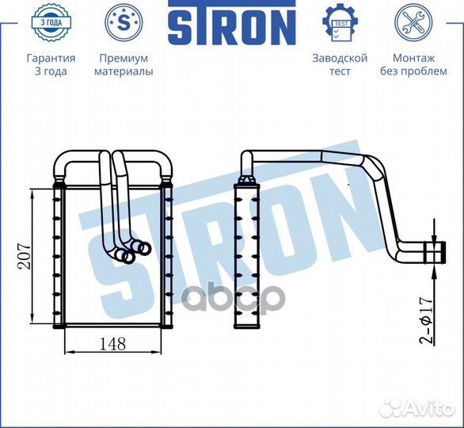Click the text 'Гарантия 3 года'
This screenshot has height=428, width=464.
[x=51, y=64]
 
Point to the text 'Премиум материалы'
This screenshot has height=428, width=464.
[x=123, y=64]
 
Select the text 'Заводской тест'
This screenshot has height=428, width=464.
[x=340, y=64]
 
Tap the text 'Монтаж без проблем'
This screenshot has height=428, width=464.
[x=413, y=64]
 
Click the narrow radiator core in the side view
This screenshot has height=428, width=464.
[x=247, y=254]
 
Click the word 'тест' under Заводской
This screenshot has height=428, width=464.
[x=340, y=71]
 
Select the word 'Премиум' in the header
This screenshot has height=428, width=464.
[x=123, y=58]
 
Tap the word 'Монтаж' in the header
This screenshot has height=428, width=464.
[x=413, y=58]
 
